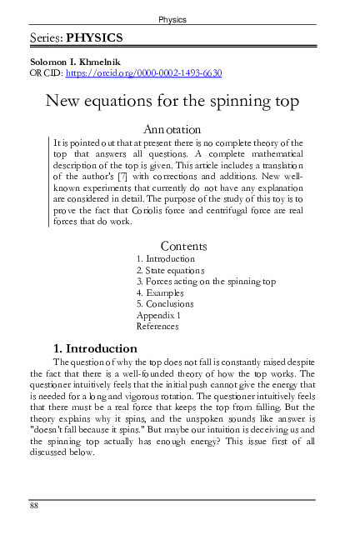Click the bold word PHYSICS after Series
pyautogui.click(x=96, y=38)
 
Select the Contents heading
pyautogui.click(x=183, y=246)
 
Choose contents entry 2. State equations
pyautogui.click(x=170, y=271)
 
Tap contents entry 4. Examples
pyautogui.click(x=160, y=293)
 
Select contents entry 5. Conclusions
pyautogui.click(x=165, y=304)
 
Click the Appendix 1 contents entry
pyautogui.click(x=158, y=316)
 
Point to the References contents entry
pyautogui.click(x=157, y=327)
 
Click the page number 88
pyautogui.click(x=34, y=505)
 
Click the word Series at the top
pyautogui.click(x=46, y=38)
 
